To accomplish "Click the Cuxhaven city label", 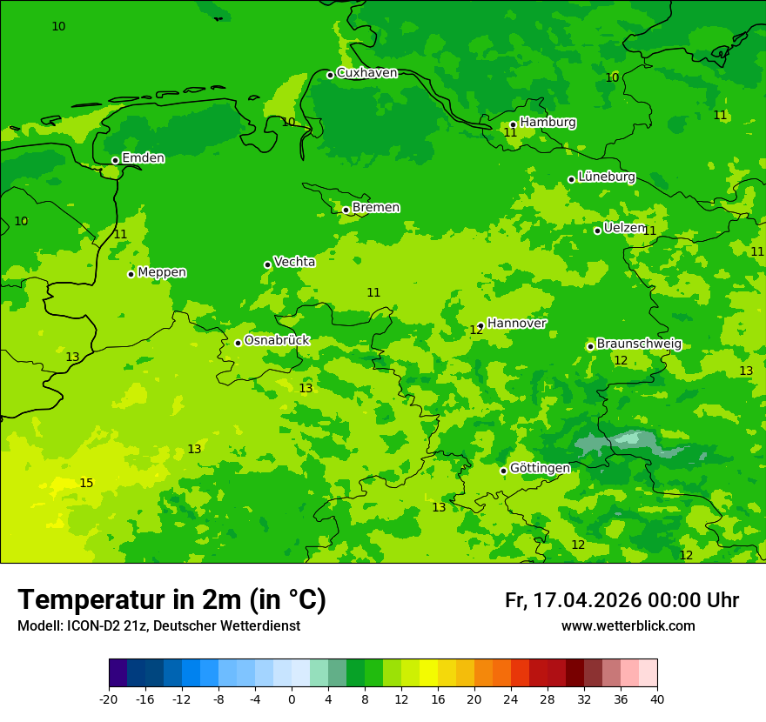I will (x=366, y=73).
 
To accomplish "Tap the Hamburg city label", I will (x=548, y=123).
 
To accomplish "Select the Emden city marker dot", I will (x=115, y=160).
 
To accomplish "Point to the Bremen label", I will (x=376, y=208).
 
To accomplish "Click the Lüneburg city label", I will (x=607, y=177).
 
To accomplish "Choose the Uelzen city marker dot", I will (x=597, y=231).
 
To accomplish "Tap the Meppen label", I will (x=162, y=272).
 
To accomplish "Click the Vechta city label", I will (x=294, y=262).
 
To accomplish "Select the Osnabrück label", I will (x=277, y=340).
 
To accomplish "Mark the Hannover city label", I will (x=516, y=324).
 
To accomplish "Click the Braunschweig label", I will (x=639, y=344).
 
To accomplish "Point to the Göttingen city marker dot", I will (x=503, y=471).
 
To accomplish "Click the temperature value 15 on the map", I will (x=86, y=483).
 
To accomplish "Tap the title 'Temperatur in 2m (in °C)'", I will (x=171, y=600).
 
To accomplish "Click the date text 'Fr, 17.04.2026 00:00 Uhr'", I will (x=622, y=600).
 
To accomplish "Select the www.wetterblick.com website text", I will (x=628, y=626).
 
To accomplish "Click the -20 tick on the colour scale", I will (x=109, y=699).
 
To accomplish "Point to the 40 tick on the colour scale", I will (x=657, y=699).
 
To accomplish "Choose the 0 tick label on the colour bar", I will (x=292, y=699).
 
